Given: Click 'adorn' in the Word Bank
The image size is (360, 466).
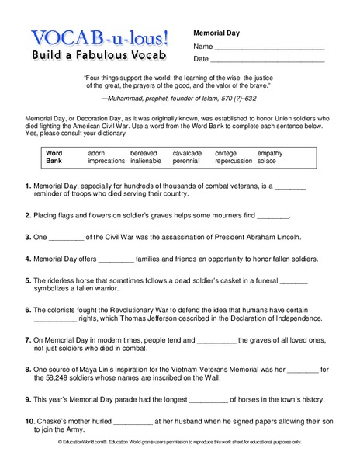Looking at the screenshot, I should point(97,153).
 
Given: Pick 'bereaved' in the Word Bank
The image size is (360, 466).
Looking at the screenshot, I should point(144,153).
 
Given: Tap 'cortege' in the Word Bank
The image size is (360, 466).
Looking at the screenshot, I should point(226,153).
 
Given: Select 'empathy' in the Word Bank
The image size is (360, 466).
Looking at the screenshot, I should point(271,153).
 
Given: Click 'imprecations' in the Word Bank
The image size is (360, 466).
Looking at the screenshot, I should point(106,162).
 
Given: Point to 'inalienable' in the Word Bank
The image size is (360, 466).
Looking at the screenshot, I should point(147,162).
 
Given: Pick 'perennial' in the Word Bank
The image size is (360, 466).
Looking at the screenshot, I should point(186,162).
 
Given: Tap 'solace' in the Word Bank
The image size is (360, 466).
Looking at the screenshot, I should point(268,162).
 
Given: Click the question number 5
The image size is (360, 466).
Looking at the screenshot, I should point(28,280).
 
